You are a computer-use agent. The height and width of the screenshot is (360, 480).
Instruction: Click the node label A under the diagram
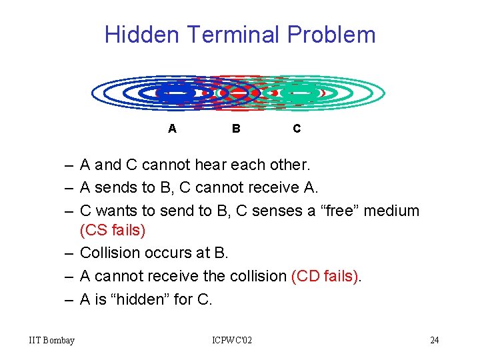(172, 129)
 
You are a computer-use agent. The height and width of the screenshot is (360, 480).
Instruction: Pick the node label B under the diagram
(236, 129)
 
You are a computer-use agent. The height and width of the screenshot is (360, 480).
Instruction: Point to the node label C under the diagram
(297, 129)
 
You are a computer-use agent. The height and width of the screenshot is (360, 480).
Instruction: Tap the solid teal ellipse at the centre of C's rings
(298, 93)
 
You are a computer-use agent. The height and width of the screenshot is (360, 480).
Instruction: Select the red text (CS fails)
(112, 231)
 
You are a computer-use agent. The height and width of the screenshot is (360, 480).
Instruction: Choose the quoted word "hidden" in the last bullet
(143, 299)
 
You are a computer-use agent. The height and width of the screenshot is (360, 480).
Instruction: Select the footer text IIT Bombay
(52, 341)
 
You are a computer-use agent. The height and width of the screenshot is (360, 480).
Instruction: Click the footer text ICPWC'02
(232, 341)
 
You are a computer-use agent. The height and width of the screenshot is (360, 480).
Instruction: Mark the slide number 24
(434, 341)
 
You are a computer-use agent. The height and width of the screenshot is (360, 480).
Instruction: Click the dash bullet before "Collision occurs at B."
(69, 253)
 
